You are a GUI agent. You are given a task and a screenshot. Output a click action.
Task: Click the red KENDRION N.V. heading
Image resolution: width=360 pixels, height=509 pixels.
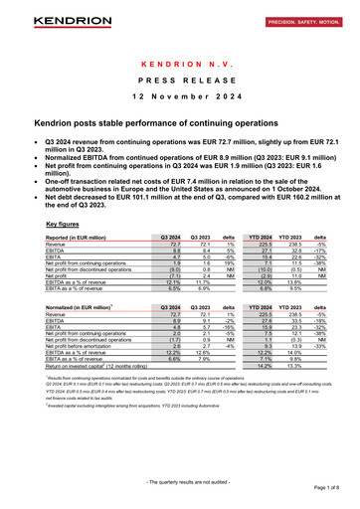[x=179, y=62]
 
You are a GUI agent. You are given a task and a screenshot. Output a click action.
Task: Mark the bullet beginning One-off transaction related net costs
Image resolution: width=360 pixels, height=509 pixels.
[x=179, y=166]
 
